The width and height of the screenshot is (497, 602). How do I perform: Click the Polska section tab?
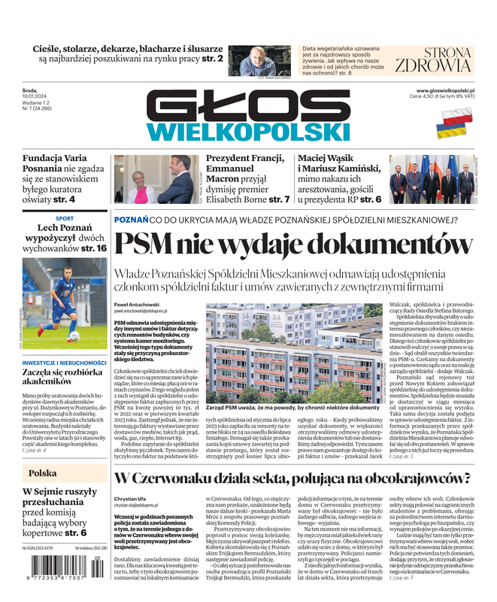[43, 473]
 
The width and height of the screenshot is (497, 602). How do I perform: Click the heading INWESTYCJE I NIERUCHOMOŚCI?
[65, 363]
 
